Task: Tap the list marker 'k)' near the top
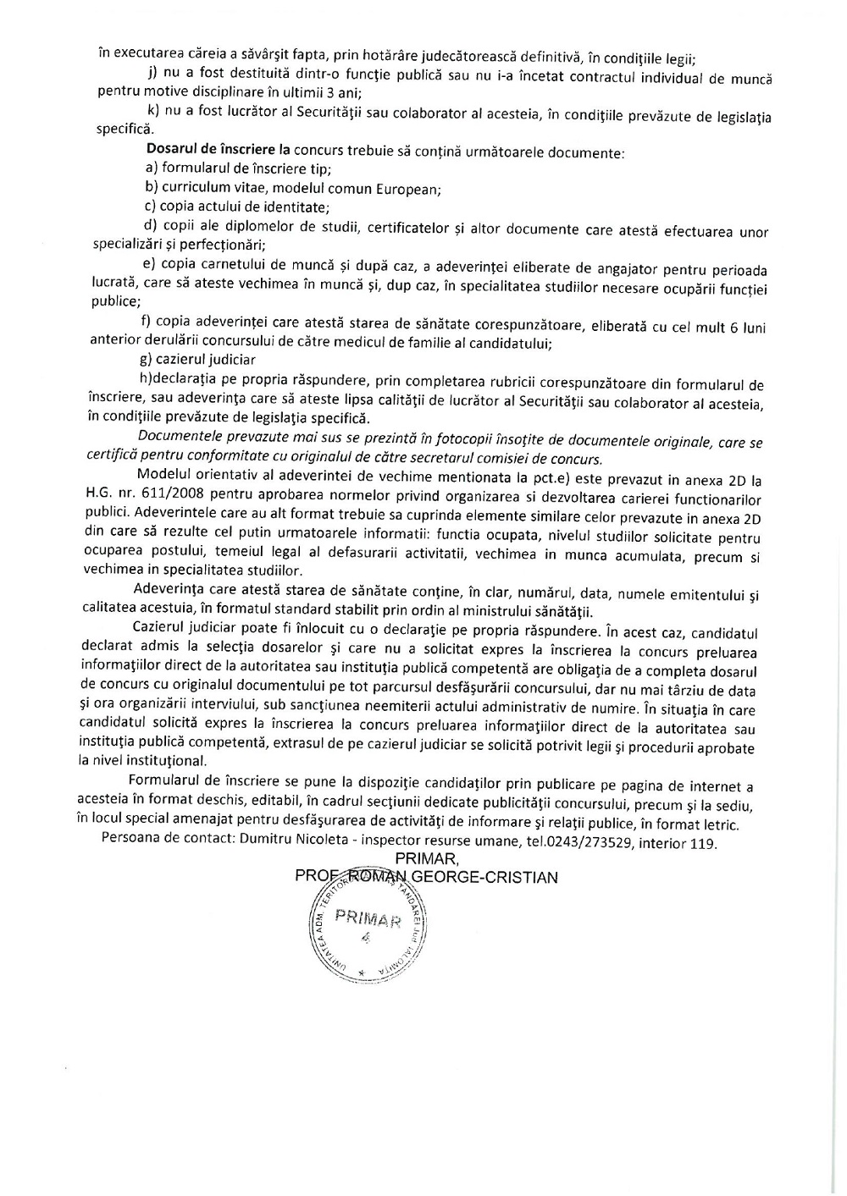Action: (x=153, y=113)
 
